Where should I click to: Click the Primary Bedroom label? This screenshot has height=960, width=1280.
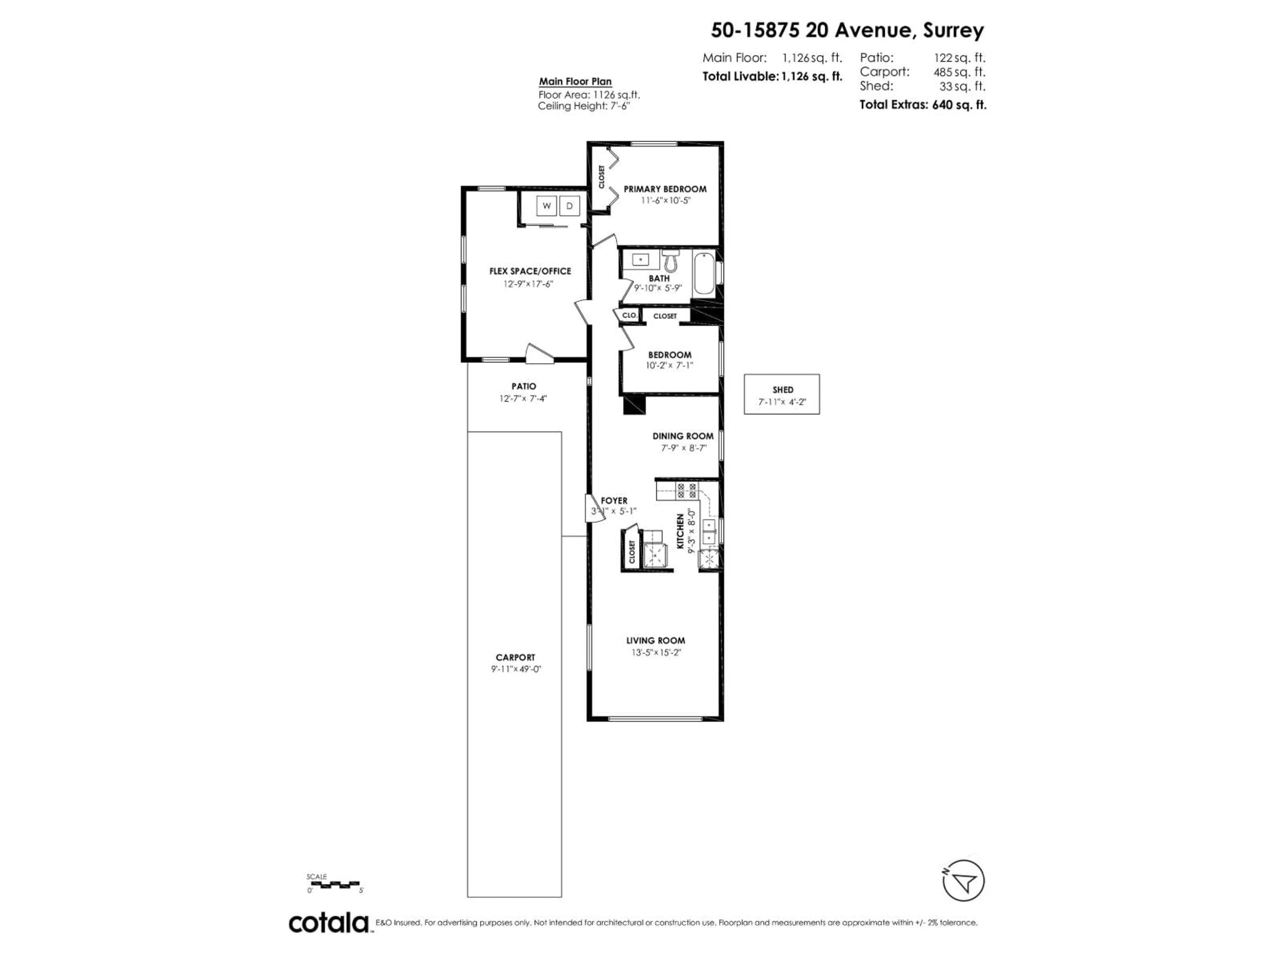(665, 189)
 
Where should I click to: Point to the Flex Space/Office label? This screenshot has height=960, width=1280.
(530, 271)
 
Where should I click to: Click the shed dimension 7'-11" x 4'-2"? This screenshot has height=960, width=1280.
(782, 402)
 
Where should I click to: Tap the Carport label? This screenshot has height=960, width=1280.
(515, 657)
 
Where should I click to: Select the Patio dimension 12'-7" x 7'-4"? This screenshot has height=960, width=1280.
(523, 398)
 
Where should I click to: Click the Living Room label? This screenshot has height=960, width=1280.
(656, 641)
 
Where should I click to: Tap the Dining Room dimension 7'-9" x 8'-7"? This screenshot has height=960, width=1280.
(683, 448)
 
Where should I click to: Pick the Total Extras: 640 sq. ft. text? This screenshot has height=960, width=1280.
(922, 105)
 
